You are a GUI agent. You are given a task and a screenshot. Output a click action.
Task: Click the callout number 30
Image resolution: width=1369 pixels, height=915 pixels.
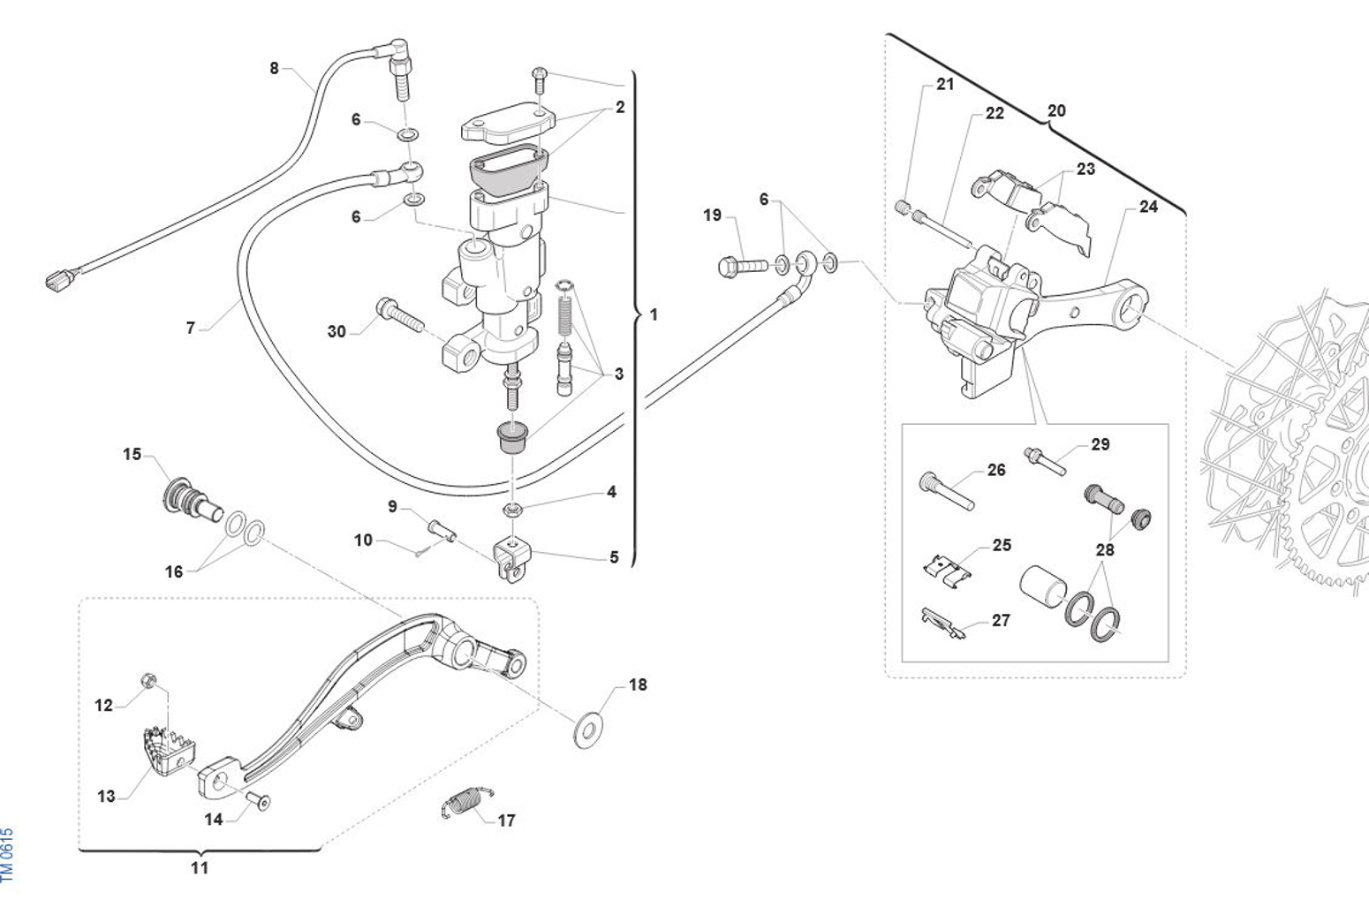pos(337,332)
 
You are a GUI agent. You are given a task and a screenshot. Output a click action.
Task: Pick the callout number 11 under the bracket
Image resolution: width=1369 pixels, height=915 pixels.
pos(200,868)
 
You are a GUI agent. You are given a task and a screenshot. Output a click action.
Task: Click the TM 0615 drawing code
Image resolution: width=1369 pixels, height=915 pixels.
pos(8,854)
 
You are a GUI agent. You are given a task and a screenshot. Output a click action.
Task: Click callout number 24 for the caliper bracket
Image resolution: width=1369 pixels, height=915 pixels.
pos(1148,207)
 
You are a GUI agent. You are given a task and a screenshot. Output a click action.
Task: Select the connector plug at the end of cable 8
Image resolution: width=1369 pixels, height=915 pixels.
pos(57,283)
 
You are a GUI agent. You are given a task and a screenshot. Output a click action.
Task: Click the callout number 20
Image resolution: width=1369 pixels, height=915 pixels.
pos(1056,111)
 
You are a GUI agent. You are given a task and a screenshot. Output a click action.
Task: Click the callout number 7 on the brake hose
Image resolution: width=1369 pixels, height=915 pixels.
pos(190,328)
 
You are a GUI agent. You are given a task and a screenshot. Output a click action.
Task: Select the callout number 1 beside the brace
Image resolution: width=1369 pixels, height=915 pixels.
pos(654,314)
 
